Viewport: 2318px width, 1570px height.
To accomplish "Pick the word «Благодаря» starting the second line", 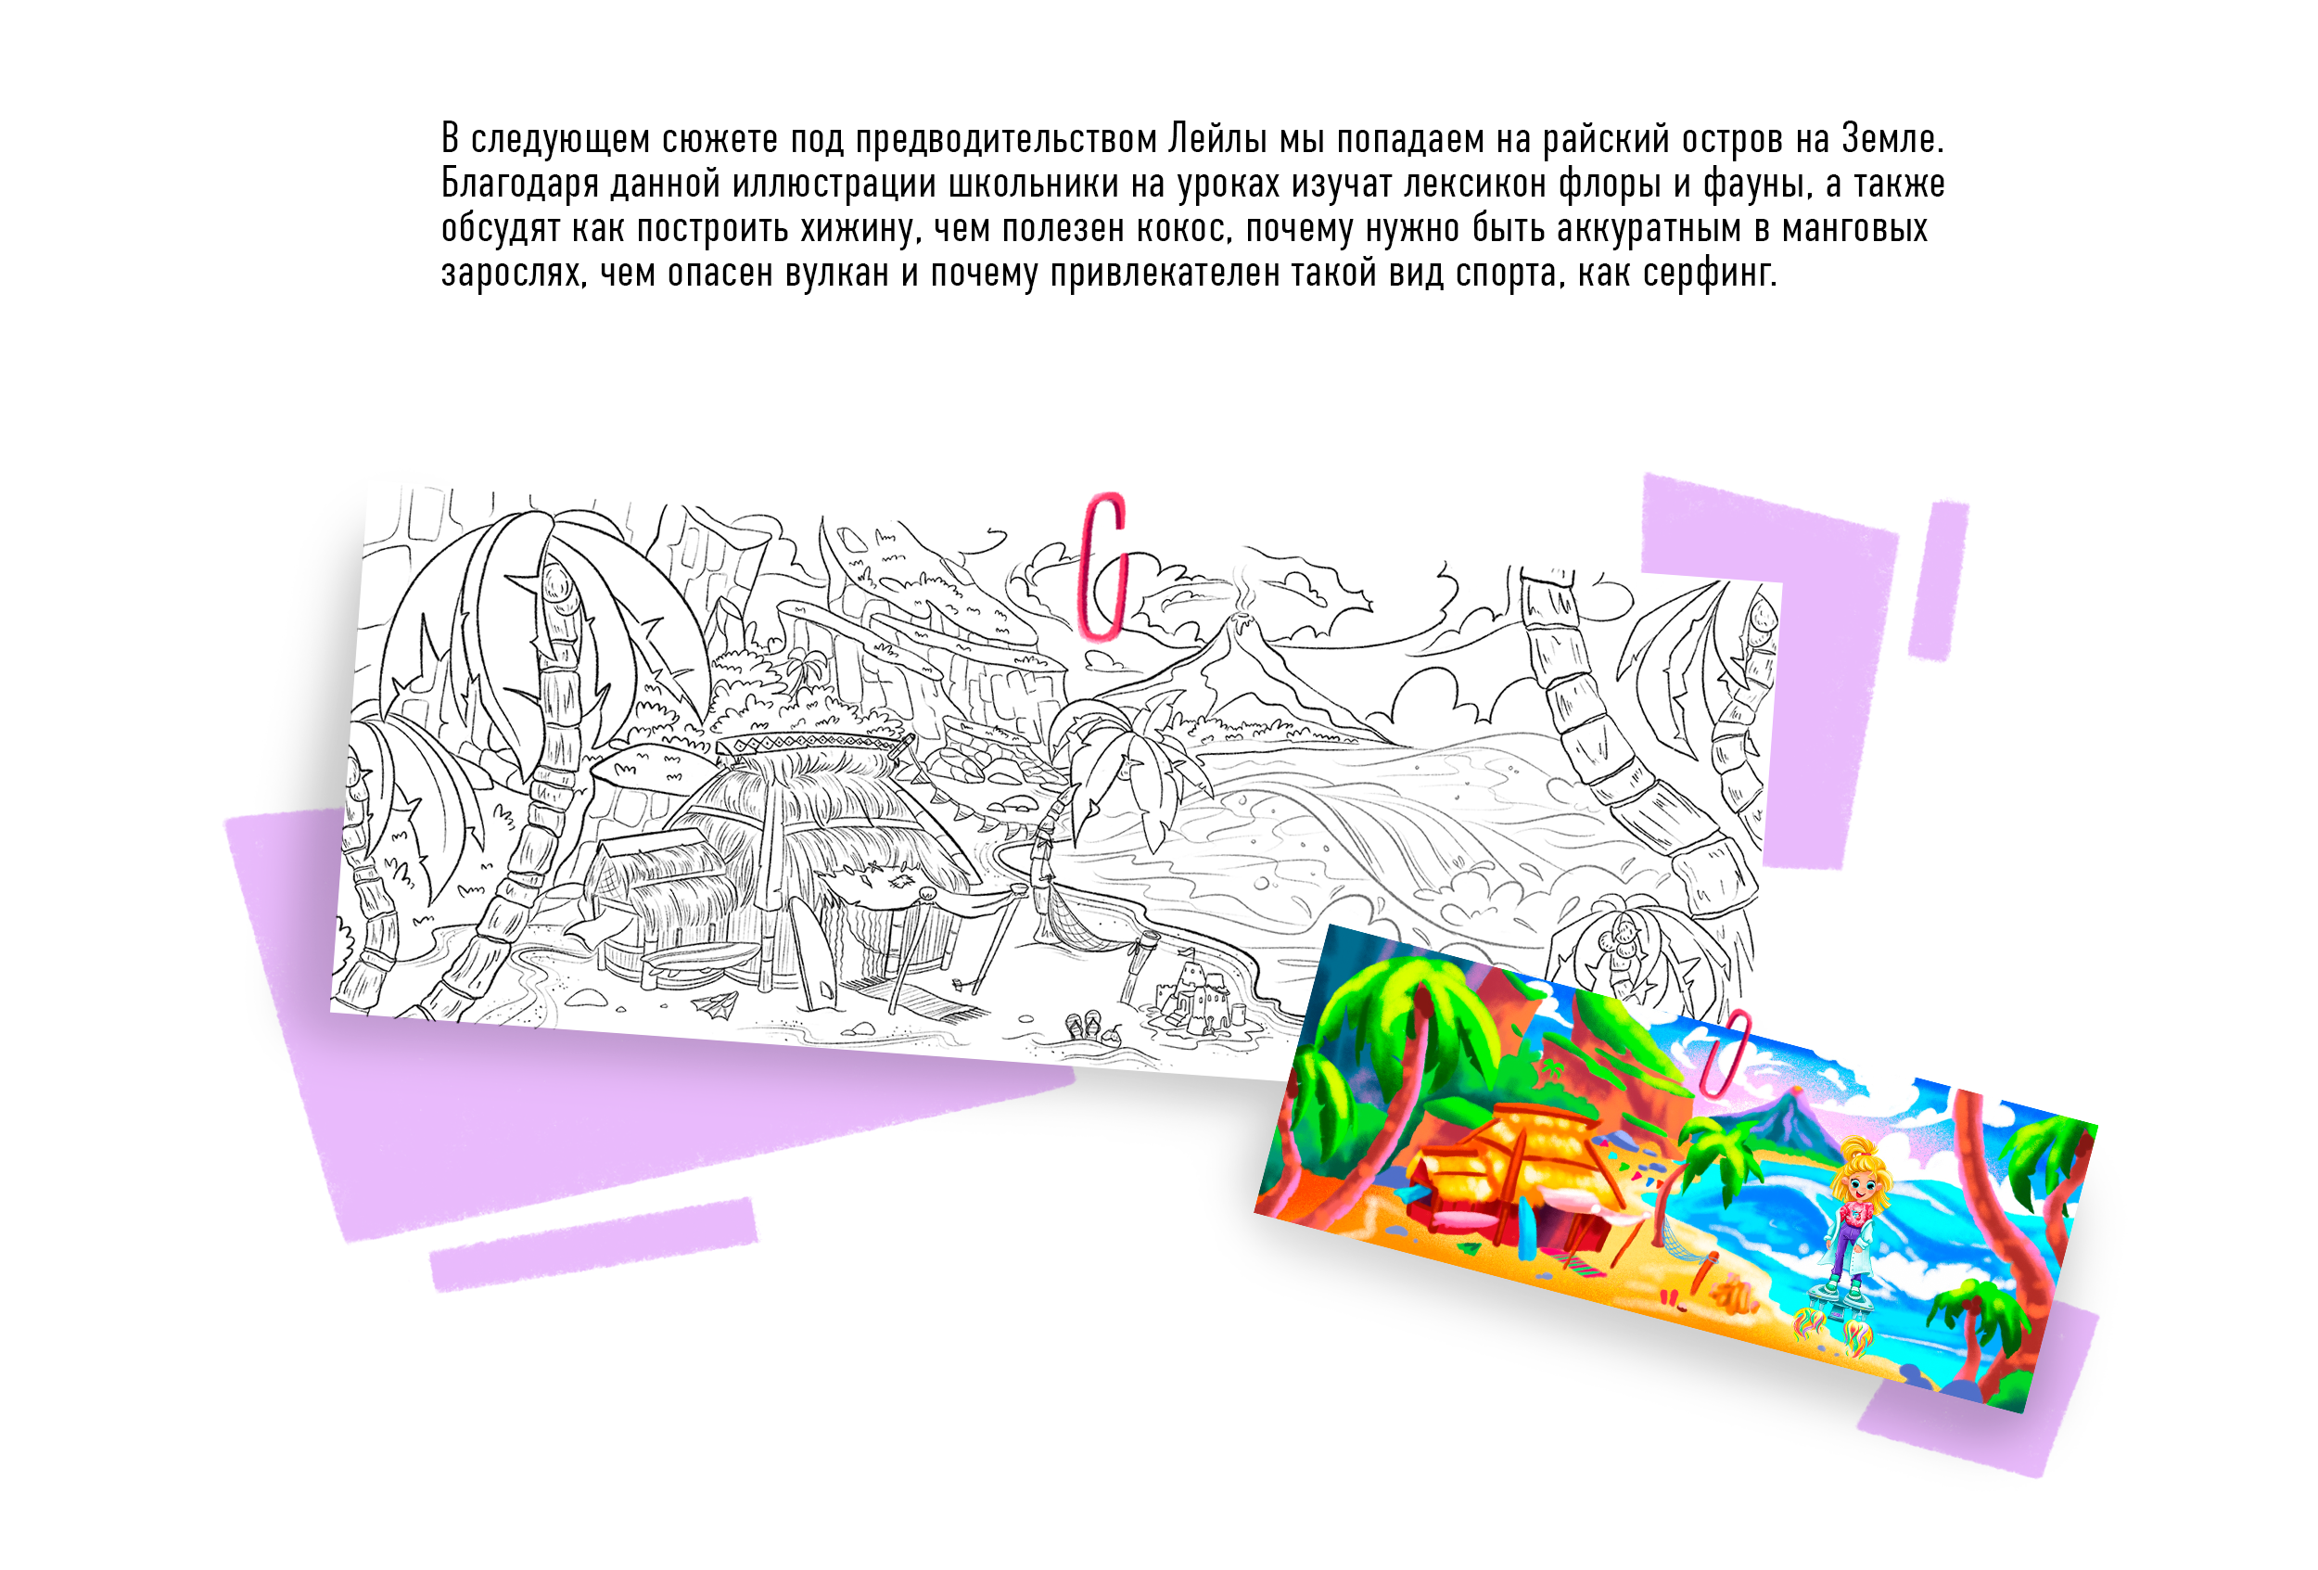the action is (x=518, y=185).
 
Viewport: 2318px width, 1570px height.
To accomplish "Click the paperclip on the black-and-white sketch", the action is (x=1104, y=566).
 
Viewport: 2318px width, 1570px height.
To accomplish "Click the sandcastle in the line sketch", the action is (x=1198, y=999).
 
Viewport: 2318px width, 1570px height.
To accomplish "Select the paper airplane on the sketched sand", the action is (x=715, y=1004).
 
